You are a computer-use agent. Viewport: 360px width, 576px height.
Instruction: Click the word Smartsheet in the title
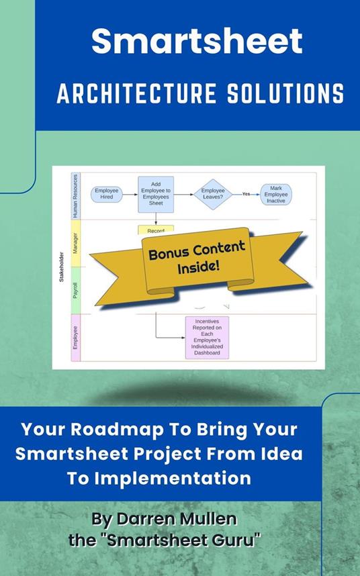[196, 42]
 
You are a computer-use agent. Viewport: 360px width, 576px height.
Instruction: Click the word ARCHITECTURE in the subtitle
[131, 95]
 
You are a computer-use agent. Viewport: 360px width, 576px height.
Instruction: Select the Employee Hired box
[106, 194]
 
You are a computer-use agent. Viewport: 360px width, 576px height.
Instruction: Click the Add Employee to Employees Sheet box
[156, 194]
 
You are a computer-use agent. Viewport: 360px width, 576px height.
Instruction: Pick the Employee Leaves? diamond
[213, 194]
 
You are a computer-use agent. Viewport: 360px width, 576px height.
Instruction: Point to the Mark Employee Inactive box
[275, 194]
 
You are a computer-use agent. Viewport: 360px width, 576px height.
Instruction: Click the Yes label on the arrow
[246, 194]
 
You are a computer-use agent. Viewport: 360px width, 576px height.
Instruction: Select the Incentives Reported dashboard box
[207, 336]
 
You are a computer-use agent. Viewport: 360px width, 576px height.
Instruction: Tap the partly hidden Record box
[156, 230]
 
